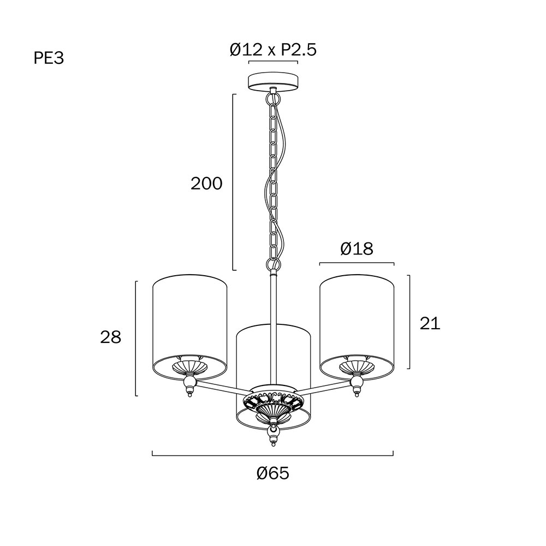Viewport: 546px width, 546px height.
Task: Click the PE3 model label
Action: point(49,58)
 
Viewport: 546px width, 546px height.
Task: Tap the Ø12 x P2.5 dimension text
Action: point(273,50)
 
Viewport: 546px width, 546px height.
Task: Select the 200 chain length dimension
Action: point(206,183)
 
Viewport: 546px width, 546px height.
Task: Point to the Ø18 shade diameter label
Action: point(357,248)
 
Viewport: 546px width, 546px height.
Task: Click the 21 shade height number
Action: point(430,323)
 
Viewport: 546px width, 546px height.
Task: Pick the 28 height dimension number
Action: point(111,337)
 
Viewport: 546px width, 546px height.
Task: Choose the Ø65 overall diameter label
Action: point(273,473)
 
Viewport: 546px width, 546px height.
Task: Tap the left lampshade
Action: point(190,327)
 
